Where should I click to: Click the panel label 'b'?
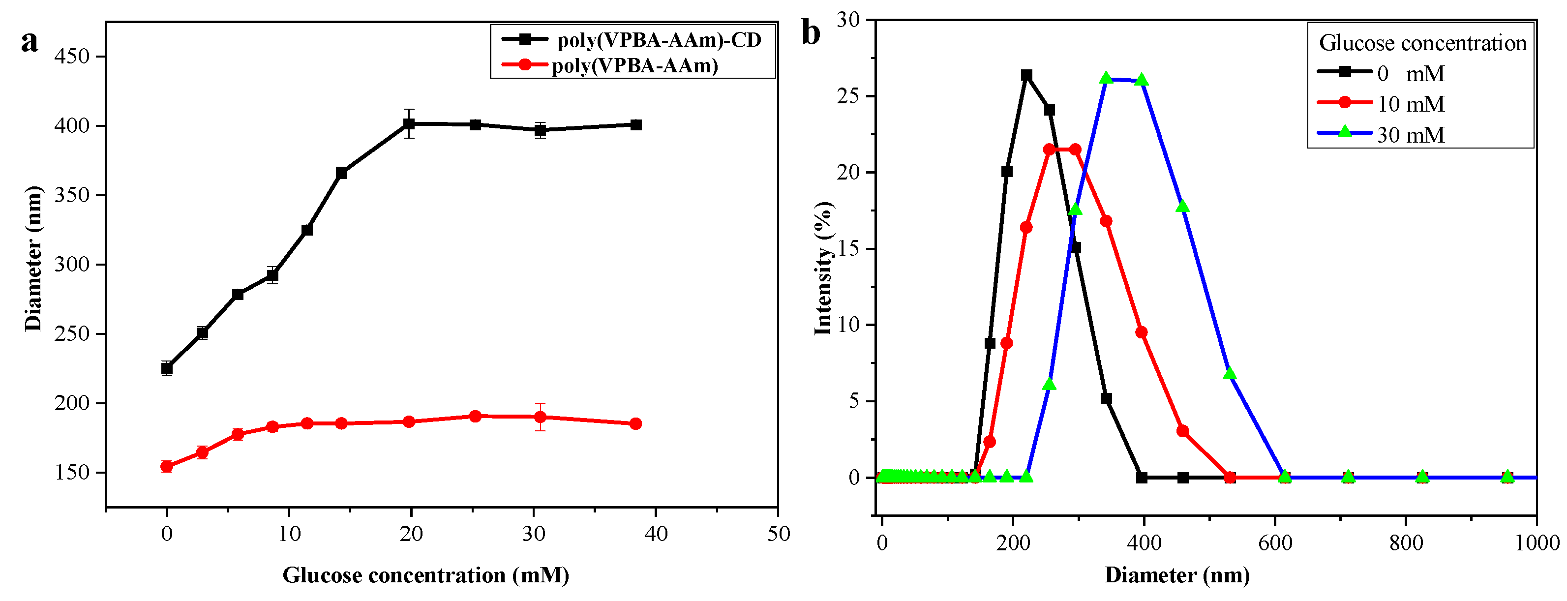point(811,33)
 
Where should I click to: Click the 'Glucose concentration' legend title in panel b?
point(1422,43)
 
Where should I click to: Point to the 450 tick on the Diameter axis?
point(72,57)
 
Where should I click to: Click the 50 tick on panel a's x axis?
point(778,534)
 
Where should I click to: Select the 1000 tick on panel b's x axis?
point(1536,542)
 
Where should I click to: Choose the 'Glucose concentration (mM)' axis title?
point(425,575)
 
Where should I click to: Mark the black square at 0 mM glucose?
point(167,368)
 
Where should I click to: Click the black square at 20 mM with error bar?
point(409,124)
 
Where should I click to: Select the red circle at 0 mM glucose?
point(167,467)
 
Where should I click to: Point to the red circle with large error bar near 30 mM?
point(540,417)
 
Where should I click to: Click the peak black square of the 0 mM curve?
point(1026,75)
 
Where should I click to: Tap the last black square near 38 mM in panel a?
point(635,125)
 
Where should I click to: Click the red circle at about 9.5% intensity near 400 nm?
point(1141,332)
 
